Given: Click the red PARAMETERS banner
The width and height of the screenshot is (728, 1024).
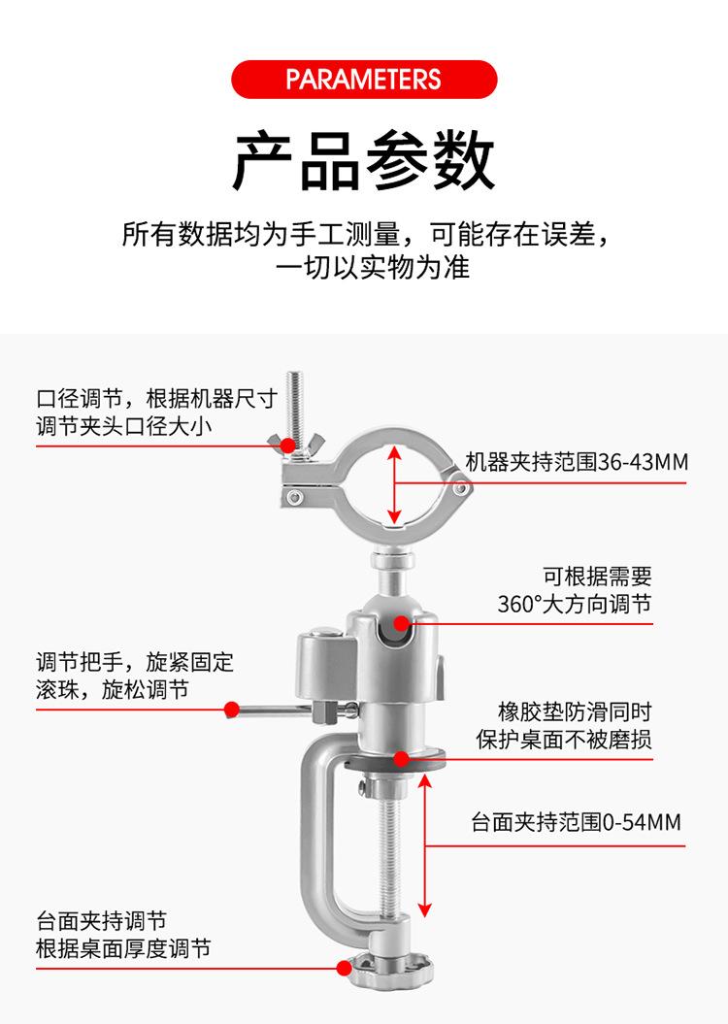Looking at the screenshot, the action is click(364, 79).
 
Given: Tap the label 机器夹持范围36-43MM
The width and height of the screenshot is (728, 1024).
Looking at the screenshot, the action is click(577, 462).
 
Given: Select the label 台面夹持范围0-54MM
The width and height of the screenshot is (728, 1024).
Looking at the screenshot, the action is click(577, 823).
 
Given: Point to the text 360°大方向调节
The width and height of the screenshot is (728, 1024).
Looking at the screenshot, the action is click(575, 605).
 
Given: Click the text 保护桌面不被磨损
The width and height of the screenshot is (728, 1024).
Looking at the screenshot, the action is click(564, 740).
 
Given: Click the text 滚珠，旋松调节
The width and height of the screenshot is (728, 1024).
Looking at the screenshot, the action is click(113, 689).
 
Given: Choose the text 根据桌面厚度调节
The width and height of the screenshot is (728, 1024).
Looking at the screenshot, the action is click(123, 948).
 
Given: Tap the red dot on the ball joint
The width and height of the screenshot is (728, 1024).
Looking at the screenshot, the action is click(401, 623).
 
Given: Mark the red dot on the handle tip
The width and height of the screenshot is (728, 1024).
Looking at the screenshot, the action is click(232, 710).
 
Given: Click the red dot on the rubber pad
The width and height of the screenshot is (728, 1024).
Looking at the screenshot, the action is click(401, 759).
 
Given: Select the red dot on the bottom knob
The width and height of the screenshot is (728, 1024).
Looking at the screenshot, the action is click(344, 967).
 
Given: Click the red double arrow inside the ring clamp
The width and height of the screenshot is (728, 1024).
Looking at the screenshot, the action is click(394, 484).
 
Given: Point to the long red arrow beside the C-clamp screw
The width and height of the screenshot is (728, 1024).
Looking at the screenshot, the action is click(424, 845).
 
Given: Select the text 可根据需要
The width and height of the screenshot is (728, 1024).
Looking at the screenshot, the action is click(597, 577).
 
